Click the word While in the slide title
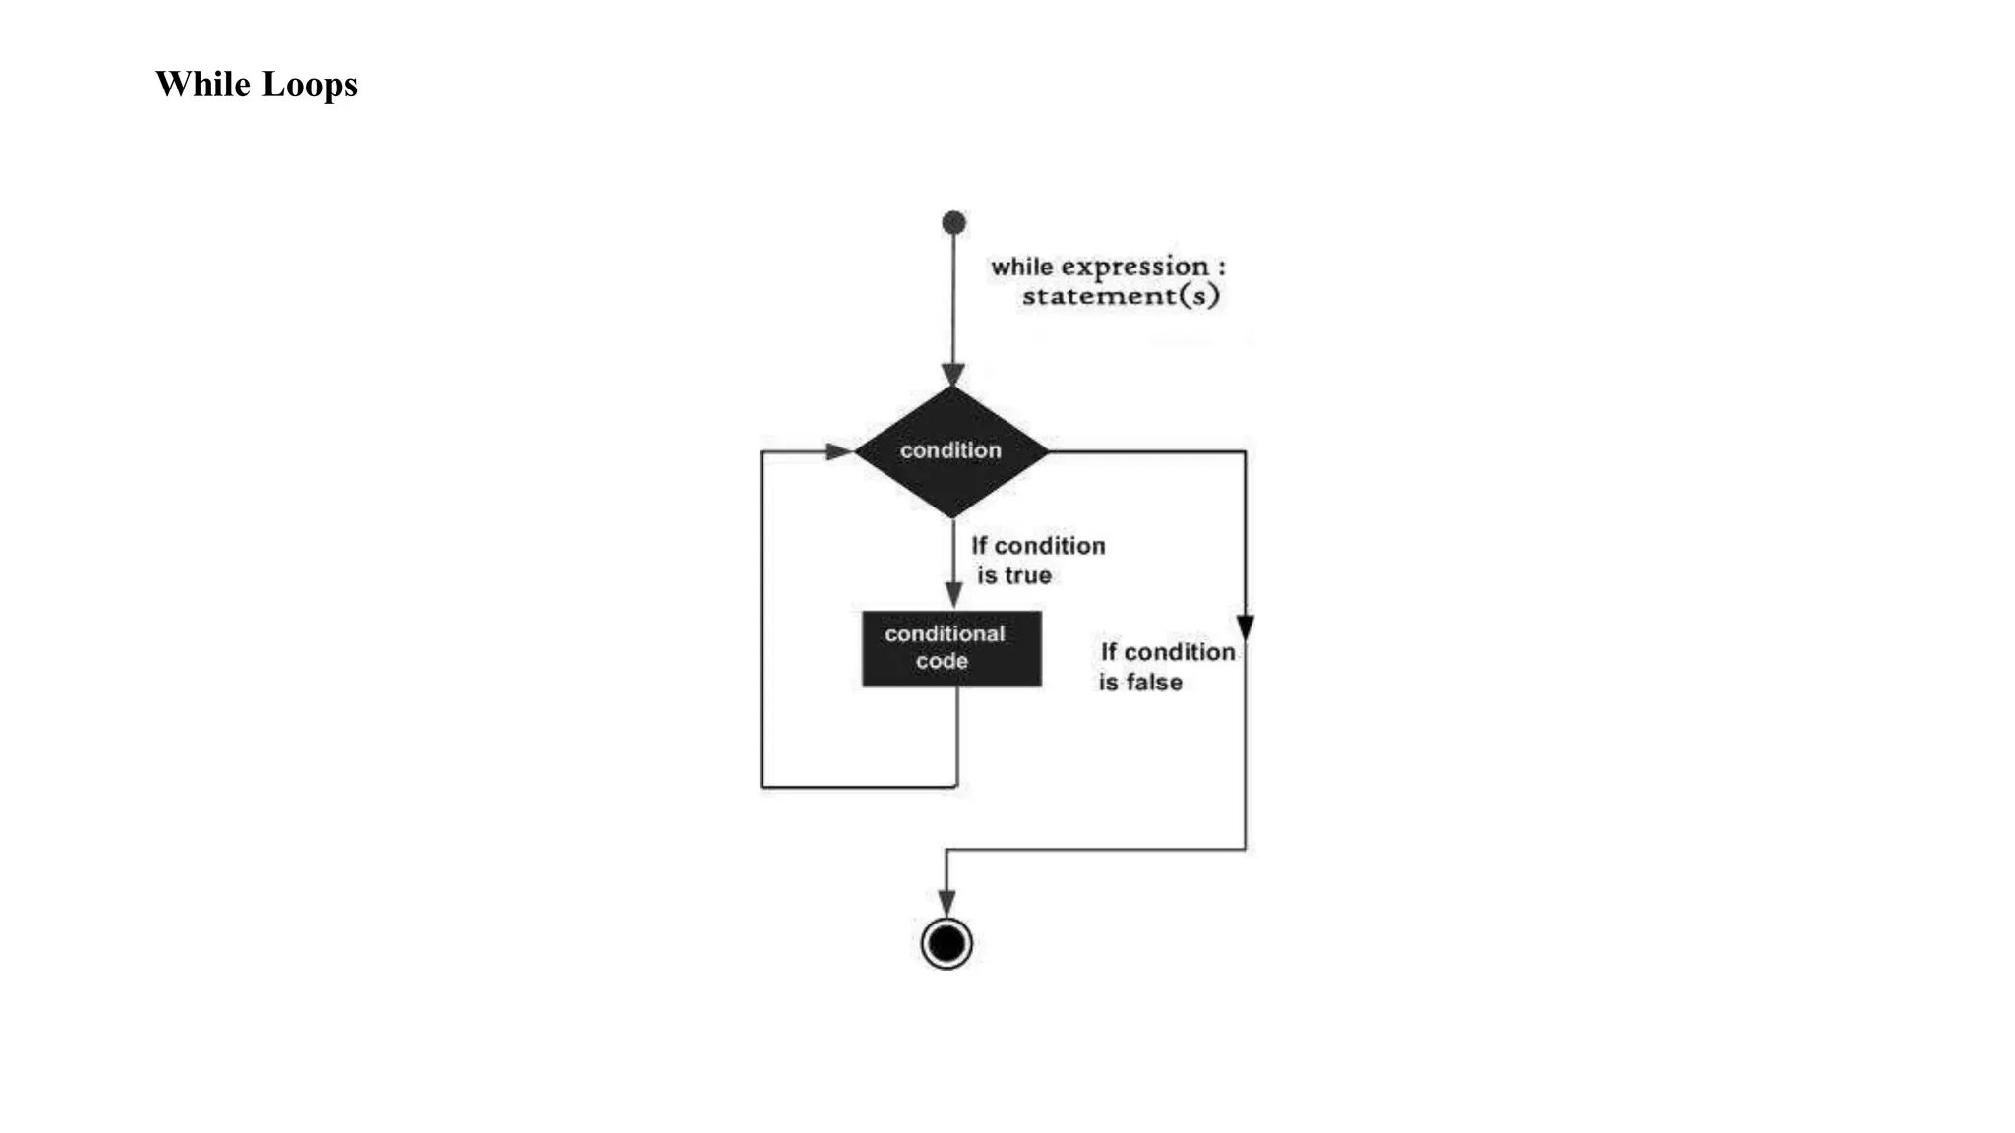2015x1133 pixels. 203,85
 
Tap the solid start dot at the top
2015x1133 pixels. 953,223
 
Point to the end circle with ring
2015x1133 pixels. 946,944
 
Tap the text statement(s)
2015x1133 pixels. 1121,296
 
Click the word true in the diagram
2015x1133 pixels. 1028,576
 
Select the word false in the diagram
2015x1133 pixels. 1154,683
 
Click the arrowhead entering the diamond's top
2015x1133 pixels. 953,375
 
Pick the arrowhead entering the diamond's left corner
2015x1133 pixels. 838,451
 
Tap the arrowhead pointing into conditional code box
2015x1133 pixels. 953,594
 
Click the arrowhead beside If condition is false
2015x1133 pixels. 1245,626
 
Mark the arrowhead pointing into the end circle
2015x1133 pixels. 946,903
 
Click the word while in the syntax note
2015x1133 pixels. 1022,268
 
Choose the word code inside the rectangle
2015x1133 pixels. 942,662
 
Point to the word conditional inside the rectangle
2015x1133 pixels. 945,634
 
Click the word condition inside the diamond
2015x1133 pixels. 950,450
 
